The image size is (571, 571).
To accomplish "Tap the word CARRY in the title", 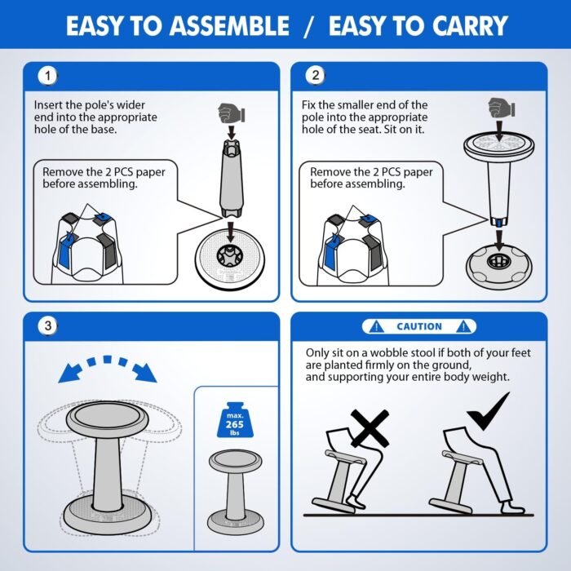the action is point(469,26).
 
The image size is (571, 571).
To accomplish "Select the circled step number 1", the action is point(47,76).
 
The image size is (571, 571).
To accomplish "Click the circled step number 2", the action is point(316,75).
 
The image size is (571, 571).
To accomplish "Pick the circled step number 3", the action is point(47,325).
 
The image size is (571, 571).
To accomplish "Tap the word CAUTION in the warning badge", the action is point(419,326).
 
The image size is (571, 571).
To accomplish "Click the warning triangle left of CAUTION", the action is point(376,326).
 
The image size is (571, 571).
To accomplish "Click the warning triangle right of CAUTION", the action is point(463,326).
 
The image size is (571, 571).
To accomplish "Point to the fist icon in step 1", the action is point(231,113).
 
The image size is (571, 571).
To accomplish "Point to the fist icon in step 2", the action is point(501,108).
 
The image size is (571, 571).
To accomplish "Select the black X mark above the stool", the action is point(370,428).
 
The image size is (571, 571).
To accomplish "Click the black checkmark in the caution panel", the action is point(488,411).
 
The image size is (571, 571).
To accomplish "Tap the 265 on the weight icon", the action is point(235,424).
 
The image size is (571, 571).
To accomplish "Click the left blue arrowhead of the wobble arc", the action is point(69,374).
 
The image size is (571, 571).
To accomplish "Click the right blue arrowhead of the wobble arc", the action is point(145,373).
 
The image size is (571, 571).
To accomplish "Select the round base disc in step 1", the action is point(230,259).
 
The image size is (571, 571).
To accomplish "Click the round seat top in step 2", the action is point(499,146).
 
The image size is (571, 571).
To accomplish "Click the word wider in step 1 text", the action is point(131,105).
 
